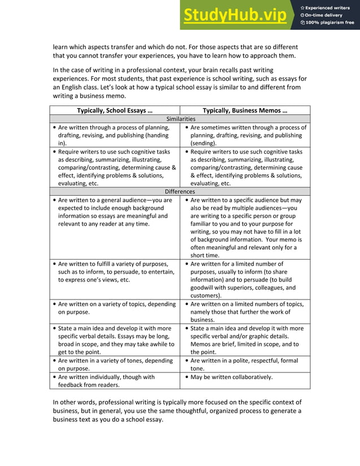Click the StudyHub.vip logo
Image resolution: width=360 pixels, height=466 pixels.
coord(236,15)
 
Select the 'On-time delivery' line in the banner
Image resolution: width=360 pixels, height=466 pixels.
coord(326,15)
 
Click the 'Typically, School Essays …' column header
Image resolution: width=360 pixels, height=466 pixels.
coord(115,111)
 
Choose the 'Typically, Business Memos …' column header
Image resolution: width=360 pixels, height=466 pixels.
coord(245,111)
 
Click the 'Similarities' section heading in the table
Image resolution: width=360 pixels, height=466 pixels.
coord(179,119)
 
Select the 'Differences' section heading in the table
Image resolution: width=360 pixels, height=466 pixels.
coord(179,192)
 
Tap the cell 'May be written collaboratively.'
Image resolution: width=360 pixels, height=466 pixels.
coord(231,377)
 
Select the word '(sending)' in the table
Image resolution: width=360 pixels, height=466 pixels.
coord(205,144)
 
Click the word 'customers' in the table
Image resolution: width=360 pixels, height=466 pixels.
coord(205,295)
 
